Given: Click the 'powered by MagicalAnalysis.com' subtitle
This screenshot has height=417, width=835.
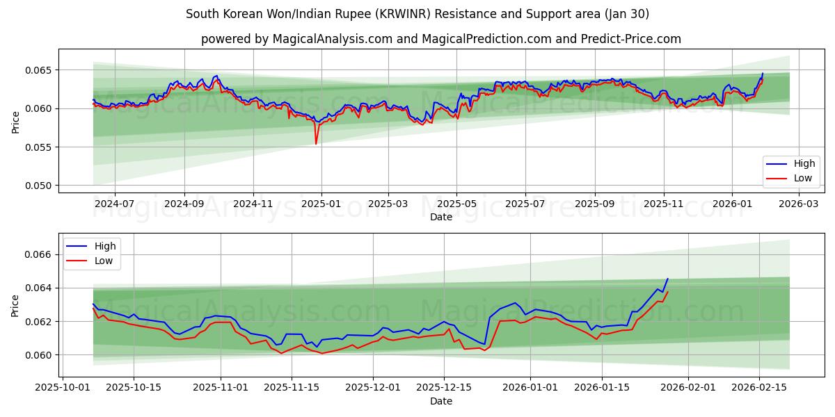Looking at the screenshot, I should [x=441, y=39].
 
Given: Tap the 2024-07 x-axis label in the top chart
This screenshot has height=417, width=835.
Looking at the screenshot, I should [x=114, y=204].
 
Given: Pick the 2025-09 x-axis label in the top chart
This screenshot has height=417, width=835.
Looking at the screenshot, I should [x=594, y=204].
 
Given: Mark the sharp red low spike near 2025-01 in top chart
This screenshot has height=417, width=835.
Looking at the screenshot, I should [x=316, y=144].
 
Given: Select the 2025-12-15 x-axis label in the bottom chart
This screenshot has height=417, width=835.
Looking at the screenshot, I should [x=444, y=388].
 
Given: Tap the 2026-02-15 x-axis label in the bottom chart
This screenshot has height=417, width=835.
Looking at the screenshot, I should [x=758, y=388].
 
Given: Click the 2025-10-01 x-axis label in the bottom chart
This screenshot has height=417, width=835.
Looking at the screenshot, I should [x=63, y=388].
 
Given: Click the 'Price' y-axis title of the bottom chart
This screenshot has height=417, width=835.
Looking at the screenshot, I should [x=15, y=306].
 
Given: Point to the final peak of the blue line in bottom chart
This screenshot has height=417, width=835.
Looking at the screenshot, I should [x=667, y=279].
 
